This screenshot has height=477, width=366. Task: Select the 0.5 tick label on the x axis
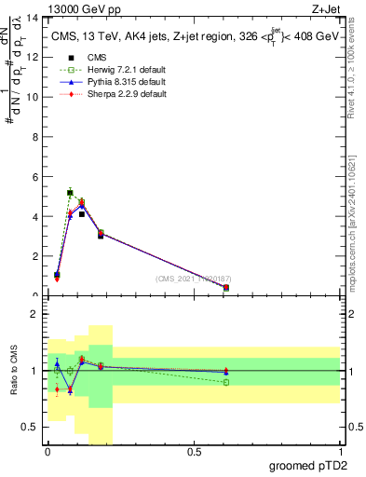[194, 452]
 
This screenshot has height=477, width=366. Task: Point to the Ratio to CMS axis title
[14, 370]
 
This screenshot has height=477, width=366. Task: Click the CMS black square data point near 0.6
[226, 287]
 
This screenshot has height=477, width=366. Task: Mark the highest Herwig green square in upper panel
[70, 193]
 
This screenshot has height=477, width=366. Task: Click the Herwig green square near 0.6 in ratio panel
[226, 382]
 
